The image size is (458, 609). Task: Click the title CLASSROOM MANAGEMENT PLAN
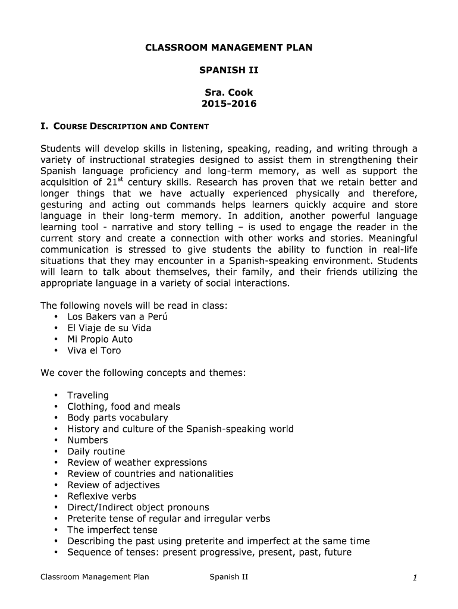point(228,48)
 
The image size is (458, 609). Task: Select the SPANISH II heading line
point(228,70)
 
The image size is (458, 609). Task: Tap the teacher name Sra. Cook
point(228,93)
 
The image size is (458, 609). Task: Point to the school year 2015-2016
point(228,104)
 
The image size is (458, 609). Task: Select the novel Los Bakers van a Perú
point(117,316)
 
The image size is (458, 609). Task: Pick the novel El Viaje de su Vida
point(109,328)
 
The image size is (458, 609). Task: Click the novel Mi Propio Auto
point(100,339)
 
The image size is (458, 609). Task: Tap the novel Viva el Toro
point(94,350)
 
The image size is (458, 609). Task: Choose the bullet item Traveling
point(88,395)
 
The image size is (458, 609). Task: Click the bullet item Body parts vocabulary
point(117,417)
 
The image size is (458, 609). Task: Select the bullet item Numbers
point(87,440)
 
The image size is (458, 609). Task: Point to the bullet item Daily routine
point(96,451)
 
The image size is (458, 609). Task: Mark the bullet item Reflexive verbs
point(102,496)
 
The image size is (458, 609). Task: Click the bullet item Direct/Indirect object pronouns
point(138,507)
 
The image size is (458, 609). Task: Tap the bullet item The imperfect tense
point(112,530)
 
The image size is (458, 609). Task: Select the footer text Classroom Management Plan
point(95,576)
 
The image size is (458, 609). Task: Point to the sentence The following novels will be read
point(134,306)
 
